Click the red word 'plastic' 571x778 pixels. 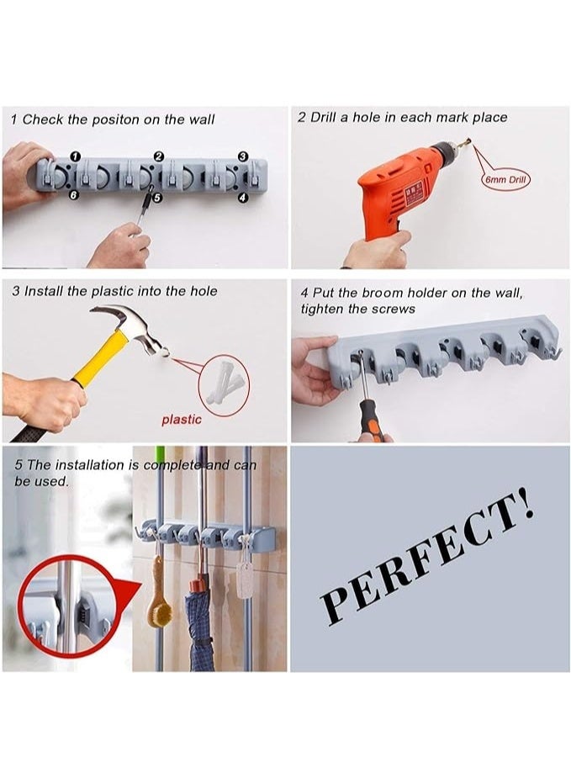pos(182,420)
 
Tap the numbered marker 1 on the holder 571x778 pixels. pos(76,156)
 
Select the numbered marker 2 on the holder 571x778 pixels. pos(158,156)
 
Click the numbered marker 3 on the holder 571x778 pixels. pos(242,156)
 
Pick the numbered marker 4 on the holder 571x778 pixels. pos(242,198)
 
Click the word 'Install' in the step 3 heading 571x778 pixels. pos(45,291)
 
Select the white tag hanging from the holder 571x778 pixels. pos(246,580)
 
